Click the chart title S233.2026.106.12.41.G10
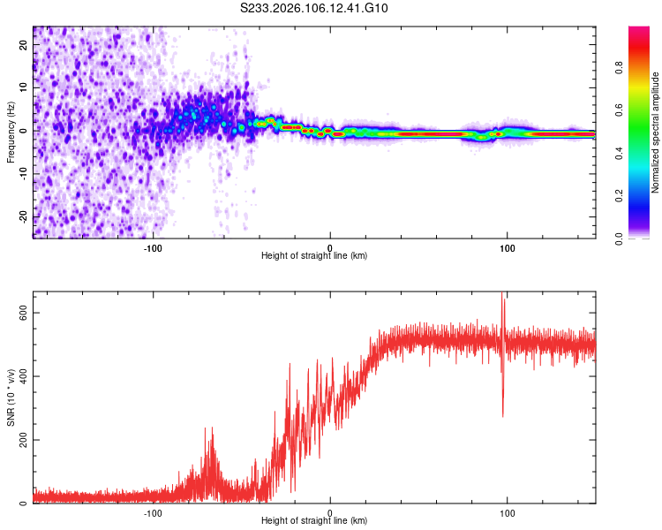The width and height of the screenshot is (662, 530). (315, 9)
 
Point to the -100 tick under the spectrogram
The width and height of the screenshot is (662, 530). (153, 247)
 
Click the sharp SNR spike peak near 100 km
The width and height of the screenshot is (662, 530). (502, 294)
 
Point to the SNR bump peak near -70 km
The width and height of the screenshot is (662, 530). (210, 428)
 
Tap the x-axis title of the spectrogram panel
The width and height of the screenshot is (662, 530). (314, 255)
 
